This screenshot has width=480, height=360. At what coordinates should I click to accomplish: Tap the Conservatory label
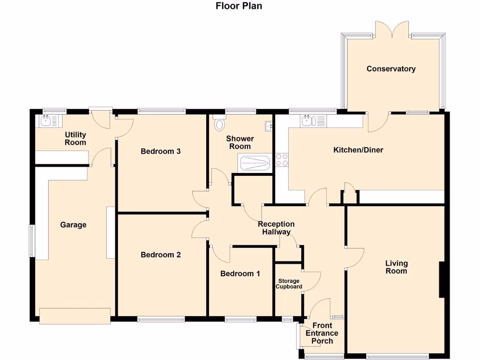[391, 69]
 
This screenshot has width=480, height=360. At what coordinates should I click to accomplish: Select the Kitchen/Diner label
[358, 150]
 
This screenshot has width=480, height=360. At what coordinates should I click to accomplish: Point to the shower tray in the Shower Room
[255, 163]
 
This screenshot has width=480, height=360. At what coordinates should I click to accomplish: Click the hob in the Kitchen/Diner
[282, 160]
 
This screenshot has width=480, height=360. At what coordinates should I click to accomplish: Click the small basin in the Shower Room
[269, 126]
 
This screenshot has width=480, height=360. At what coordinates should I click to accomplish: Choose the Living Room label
[396, 267]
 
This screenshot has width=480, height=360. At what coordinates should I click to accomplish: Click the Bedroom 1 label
[240, 273]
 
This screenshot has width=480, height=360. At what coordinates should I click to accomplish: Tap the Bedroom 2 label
[161, 255]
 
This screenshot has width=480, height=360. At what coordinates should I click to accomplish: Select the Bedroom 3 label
[161, 151]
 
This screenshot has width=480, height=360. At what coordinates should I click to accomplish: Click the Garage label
[73, 225]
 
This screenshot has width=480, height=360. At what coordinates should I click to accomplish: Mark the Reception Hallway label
[276, 228]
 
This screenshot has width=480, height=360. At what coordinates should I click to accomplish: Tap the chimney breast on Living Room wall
[441, 279]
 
